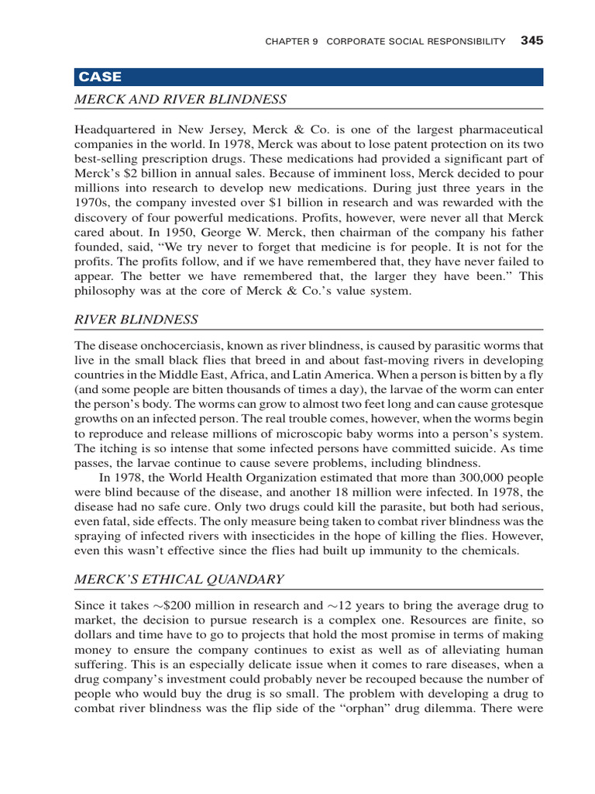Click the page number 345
[531, 41]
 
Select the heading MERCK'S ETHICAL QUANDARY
[179, 579]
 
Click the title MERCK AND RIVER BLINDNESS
[181, 99]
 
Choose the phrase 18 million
[304, 492]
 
